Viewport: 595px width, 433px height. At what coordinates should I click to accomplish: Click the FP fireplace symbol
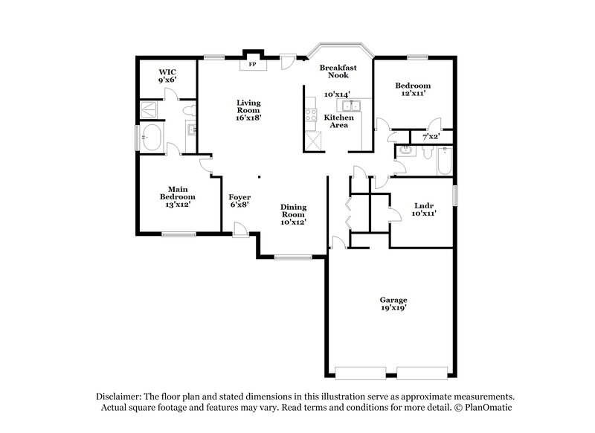point(252,65)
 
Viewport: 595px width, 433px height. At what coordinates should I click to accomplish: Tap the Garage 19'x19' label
point(393,304)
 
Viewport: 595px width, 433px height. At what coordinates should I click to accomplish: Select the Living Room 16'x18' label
point(248,109)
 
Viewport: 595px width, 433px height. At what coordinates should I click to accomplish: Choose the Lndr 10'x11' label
point(424,209)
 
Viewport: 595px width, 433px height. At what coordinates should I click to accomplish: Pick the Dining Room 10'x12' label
point(293,214)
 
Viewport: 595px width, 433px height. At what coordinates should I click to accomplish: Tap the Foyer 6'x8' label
point(239,201)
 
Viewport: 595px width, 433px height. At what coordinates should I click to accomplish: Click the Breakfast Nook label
point(338,71)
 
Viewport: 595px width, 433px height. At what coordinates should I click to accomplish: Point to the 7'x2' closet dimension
point(431,137)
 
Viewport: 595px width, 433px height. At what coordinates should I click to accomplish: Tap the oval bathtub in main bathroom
point(153,138)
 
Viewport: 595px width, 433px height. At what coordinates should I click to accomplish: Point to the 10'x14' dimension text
point(337,94)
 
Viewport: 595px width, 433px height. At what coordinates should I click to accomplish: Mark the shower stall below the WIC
point(152,110)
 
